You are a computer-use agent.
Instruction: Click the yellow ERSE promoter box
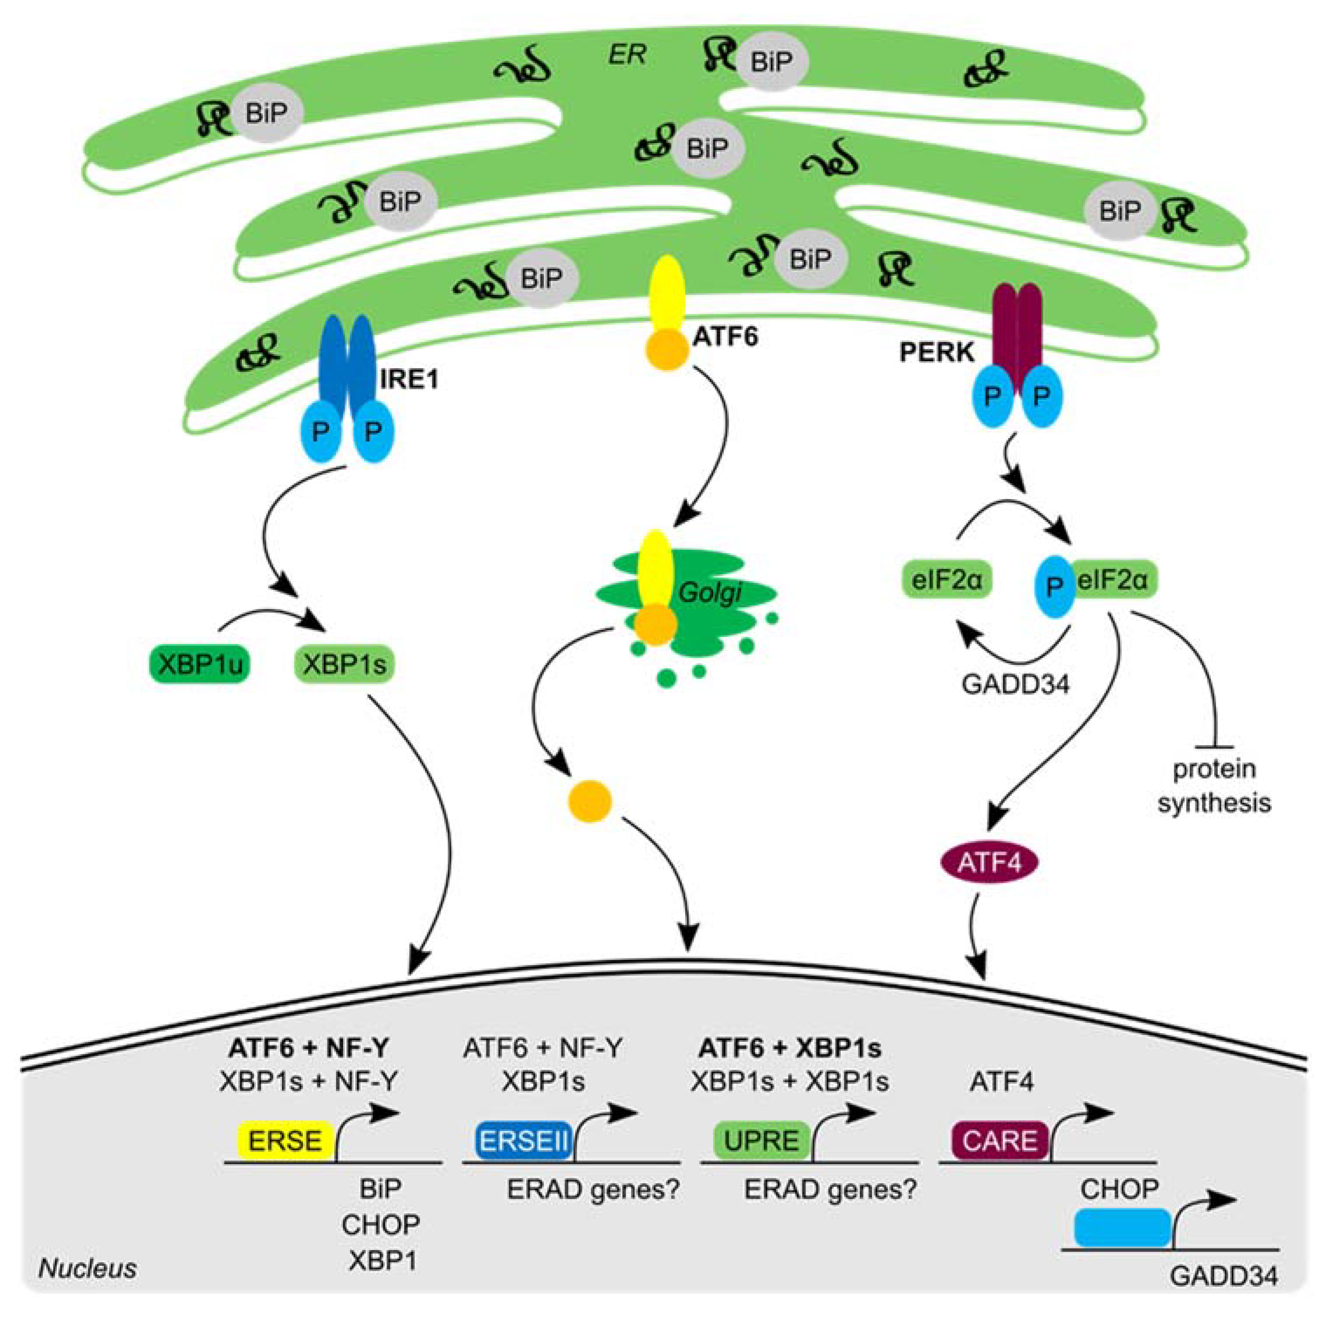285,1140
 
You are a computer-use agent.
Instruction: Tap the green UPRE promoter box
762,1140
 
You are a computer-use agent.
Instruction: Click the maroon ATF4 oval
989,862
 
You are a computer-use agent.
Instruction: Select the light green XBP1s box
344,664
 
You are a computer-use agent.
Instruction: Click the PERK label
937,352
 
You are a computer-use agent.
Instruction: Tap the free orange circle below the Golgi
589,800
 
